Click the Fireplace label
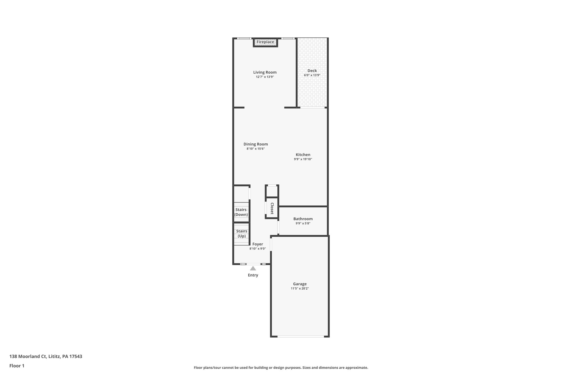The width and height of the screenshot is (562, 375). [x=265, y=42]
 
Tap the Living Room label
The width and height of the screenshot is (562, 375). [x=265, y=72]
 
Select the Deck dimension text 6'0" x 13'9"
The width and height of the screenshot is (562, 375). [x=312, y=75]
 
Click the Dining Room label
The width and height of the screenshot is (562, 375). [x=255, y=144]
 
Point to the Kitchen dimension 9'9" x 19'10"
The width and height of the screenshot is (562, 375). [x=303, y=159]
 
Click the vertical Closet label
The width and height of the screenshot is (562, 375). [x=272, y=208]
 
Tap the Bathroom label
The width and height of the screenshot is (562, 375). [x=303, y=219]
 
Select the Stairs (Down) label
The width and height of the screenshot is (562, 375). [x=241, y=212]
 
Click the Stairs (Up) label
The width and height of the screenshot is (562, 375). [x=241, y=234]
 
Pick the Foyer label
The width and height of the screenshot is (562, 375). [x=258, y=244]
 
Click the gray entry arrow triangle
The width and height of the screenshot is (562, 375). [x=253, y=268]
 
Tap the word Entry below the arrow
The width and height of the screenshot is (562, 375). [x=253, y=275]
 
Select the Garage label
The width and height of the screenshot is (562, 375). [x=300, y=284]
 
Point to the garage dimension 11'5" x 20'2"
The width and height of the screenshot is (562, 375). [x=300, y=288]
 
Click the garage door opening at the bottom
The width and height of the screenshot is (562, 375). [x=300, y=336]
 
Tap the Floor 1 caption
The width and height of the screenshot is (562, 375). [x=17, y=366]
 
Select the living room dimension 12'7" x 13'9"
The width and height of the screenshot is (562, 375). [x=265, y=77]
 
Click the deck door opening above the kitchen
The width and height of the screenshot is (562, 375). [x=312, y=107]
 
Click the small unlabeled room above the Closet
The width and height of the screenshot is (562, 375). [x=272, y=191]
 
